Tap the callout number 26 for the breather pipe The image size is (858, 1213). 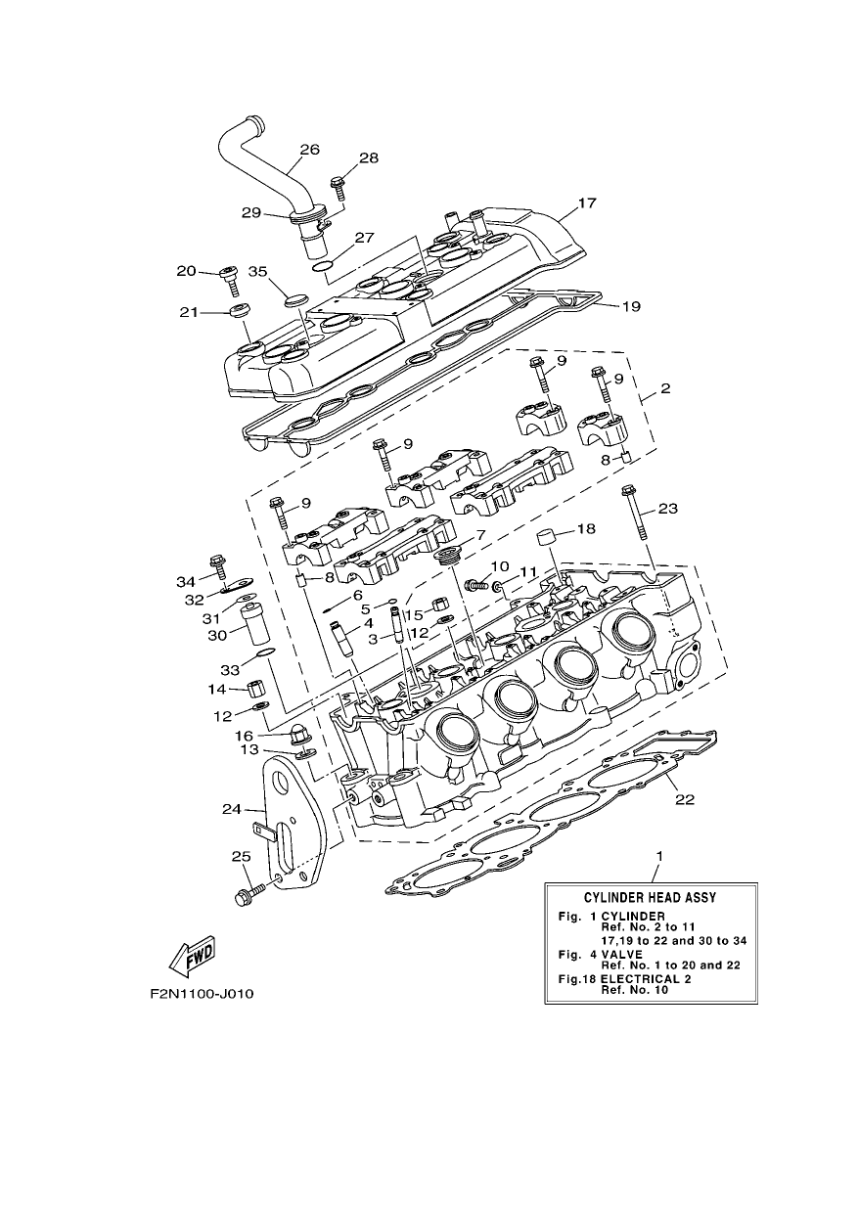pyautogui.click(x=309, y=149)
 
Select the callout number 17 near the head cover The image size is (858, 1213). pyautogui.click(x=587, y=202)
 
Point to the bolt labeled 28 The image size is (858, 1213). pyautogui.click(x=339, y=189)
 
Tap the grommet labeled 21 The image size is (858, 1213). pyautogui.click(x=239, y=312)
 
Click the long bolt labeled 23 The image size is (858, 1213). pyautogui.click(x=635, y=512)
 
